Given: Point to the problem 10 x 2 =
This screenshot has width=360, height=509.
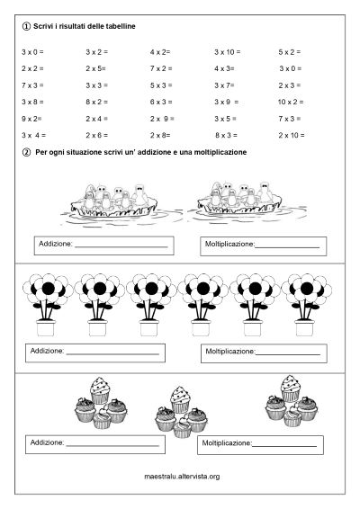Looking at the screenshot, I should point(293,102).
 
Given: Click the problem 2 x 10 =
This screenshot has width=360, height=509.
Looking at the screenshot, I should point(292,135).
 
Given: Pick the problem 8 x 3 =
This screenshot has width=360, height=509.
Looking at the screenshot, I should point(228,135).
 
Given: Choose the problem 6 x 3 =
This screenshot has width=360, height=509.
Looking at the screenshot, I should point(163,102).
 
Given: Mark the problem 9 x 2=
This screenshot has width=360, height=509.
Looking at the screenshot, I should point(31,119).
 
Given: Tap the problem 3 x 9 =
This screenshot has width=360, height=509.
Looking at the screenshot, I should point(228,102).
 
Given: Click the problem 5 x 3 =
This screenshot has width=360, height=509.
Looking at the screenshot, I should point(163,85).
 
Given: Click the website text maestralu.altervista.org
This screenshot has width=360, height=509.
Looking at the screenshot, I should point(182,476).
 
